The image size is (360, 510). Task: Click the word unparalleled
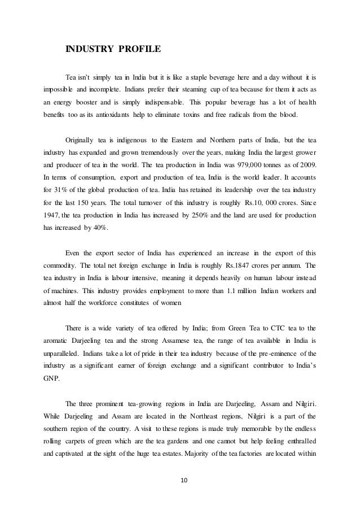[x=63, y=354]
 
